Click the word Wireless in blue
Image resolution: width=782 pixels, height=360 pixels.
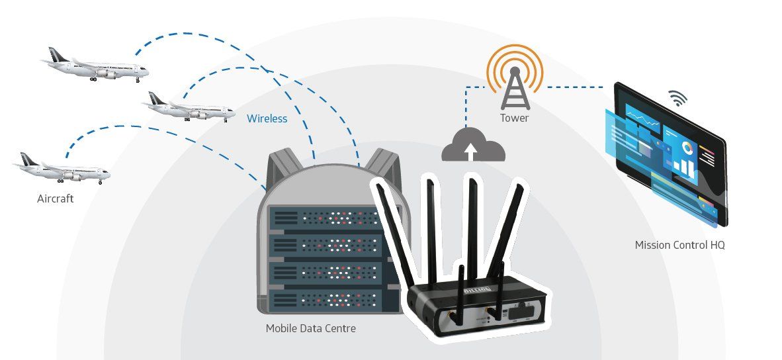tap(267, 118)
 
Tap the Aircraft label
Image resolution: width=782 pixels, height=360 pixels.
tap(56, 199)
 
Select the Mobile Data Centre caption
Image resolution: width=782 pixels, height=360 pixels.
tap(311, 329)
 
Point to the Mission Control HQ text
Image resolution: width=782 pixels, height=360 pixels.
tap(679, 245)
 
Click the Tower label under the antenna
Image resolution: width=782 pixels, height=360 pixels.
tap(514, 118)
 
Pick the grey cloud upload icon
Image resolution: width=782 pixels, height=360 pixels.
tap(473, 145)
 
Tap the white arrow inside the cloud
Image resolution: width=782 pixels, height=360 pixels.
tap(470, 151)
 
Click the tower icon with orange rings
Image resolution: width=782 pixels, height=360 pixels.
tap(515, 77)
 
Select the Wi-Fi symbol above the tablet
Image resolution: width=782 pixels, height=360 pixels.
tap(677, 98)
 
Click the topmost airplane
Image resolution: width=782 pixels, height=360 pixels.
tap(95, 66)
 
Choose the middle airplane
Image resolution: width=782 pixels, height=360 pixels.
tap(189, 108)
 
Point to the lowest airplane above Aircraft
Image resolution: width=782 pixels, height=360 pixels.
tap(62, 169)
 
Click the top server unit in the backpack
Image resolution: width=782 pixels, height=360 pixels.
tap(327, 218)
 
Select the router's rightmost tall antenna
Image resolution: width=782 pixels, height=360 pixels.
tap(505, 230)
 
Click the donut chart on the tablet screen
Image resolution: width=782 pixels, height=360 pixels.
tap(688, 148)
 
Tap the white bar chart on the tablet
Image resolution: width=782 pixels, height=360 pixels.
tap(683, 168)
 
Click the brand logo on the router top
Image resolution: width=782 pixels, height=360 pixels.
tap(478, 290)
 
